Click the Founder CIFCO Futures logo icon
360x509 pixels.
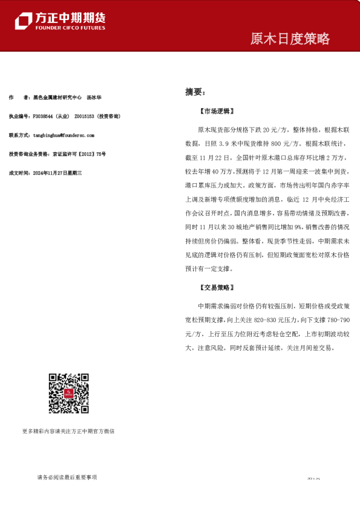24,21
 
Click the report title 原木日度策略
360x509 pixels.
290,39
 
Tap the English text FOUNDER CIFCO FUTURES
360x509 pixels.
70,28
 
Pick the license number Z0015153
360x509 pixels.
83,116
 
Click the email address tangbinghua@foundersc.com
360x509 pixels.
66,135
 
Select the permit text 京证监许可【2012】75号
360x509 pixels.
79,154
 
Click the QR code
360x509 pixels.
68,394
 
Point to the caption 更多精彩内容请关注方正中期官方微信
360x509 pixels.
68,431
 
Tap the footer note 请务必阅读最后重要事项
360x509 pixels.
67,478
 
